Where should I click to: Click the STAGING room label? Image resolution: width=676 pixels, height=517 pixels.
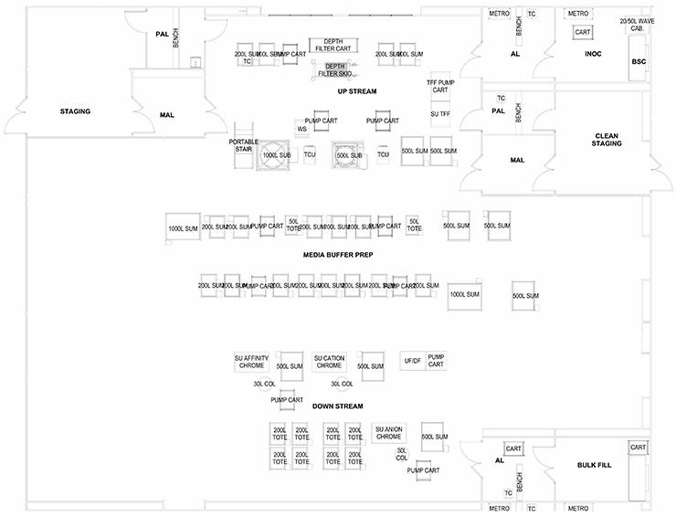tap(75, 111)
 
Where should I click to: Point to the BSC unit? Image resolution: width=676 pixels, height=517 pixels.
tap(638, 62)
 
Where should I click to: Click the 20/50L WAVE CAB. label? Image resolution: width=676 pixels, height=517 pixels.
tap(637, 25)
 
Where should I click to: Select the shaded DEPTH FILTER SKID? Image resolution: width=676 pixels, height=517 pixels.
tap(335, 70)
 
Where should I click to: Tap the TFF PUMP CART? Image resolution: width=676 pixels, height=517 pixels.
tap(439, 86)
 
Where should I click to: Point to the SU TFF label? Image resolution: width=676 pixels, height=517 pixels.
tap(439, 113)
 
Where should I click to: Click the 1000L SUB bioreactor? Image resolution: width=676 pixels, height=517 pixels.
tap(275, 155)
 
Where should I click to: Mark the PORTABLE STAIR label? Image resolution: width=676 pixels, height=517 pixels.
tap(244, 145)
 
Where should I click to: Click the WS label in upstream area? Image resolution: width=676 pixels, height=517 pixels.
tap(301, 130)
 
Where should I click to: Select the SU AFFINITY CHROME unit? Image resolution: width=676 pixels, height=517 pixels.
tap(251, 362)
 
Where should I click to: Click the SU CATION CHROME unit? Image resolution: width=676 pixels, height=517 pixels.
tap(329, 362)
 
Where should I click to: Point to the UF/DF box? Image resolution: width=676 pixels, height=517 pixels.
tap(412, 362)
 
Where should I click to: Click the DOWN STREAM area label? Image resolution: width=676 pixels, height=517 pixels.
tap(338, 406)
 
